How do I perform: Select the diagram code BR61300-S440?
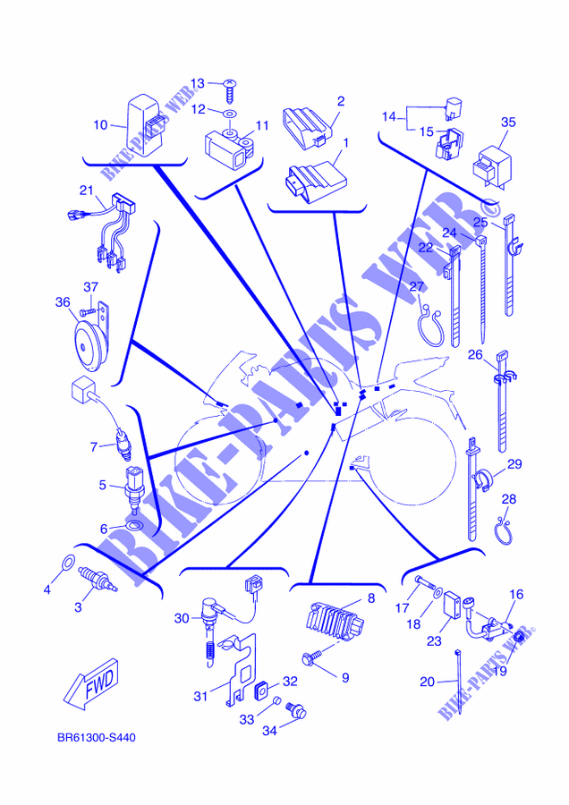97,738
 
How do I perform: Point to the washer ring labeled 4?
68,563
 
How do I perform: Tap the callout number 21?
86,191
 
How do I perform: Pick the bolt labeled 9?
312,657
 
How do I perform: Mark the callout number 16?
516,595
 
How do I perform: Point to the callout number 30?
182,619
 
